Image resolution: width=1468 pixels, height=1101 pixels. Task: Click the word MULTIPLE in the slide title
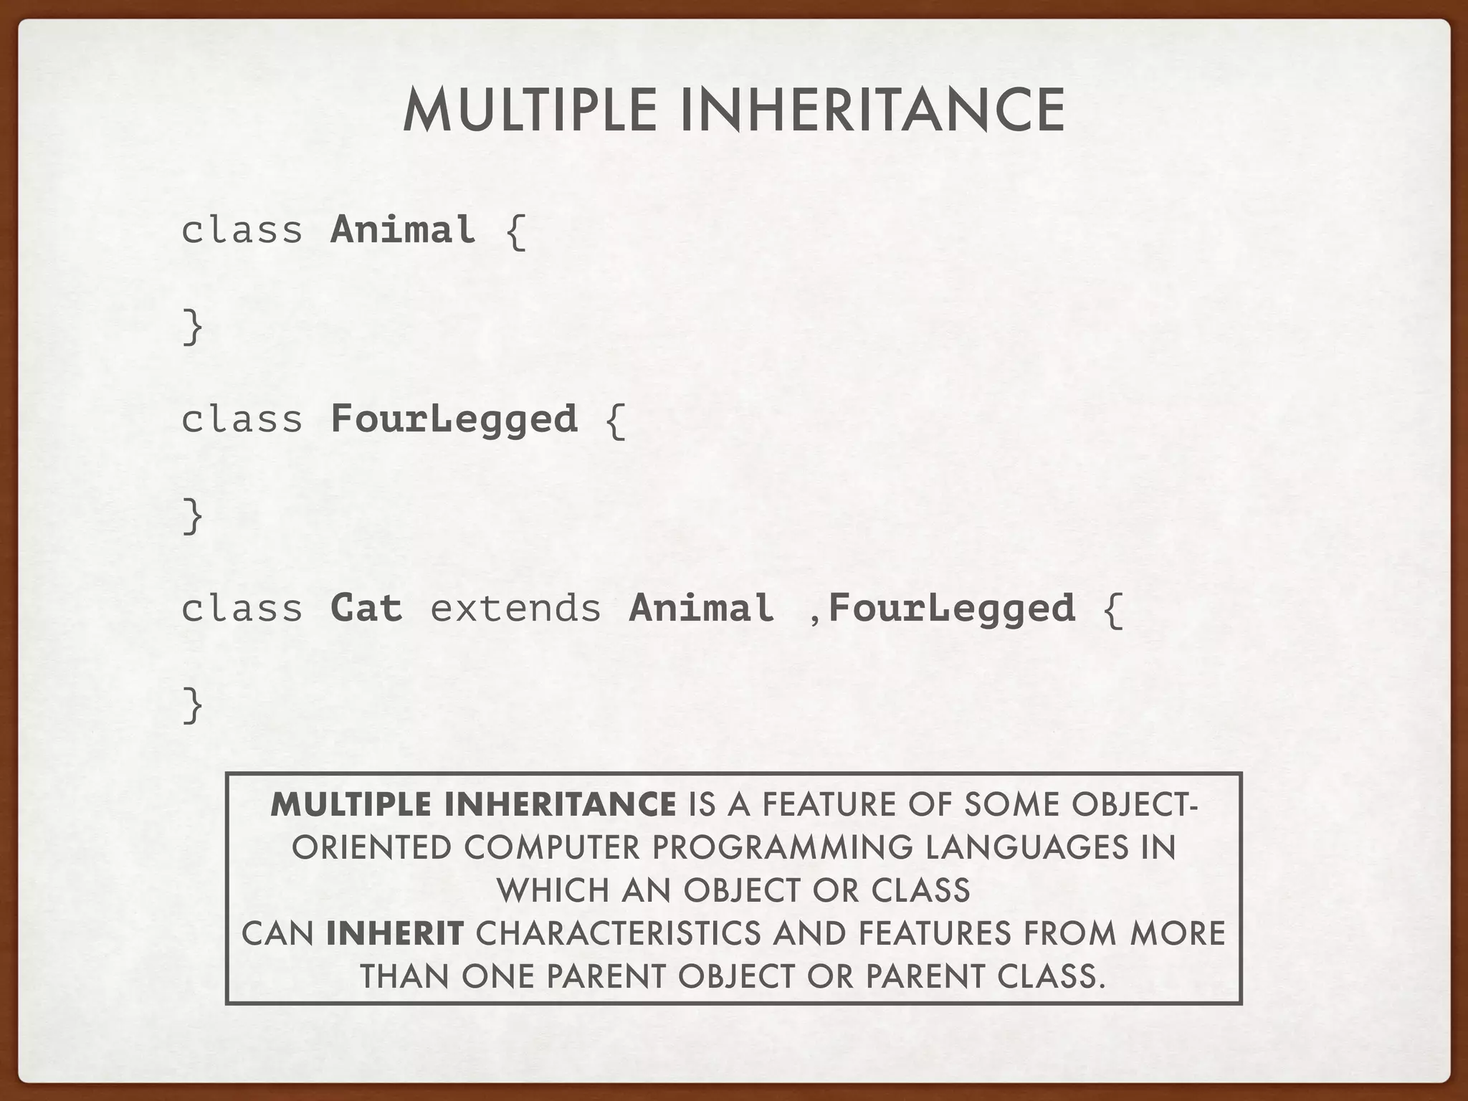click(x=530, y=111)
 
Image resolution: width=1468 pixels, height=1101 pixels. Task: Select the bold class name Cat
click(x=366, y=608)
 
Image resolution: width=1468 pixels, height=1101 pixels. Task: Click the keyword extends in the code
click(x=515, y=608)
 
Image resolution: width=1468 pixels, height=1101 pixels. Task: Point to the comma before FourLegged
click(x=814, y=616)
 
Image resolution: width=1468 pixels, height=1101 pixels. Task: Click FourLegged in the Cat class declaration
click(x=952, y=609)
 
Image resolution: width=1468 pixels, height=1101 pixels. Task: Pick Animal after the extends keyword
click(x=701, y=608)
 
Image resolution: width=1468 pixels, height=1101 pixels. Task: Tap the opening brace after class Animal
click(x=515, y=231)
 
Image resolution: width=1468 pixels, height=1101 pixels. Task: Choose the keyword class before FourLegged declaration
click(x=242, y=419)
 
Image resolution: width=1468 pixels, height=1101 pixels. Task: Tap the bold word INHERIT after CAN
click(x=394, y=934)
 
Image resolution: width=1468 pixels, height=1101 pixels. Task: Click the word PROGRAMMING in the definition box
click(x=782, y=848)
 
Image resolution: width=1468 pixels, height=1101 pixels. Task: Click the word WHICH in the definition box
click(x=553, y=891)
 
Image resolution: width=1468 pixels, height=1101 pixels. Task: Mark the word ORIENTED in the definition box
click(x=371, y=848)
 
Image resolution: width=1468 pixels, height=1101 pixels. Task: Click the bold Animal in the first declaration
click(x=403, y=230)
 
